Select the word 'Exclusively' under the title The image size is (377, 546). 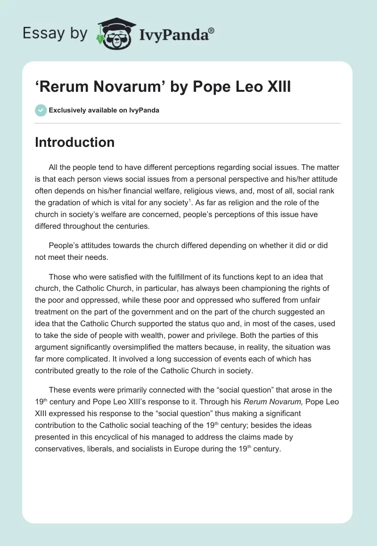[67, 111]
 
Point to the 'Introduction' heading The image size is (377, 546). [74, 142]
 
